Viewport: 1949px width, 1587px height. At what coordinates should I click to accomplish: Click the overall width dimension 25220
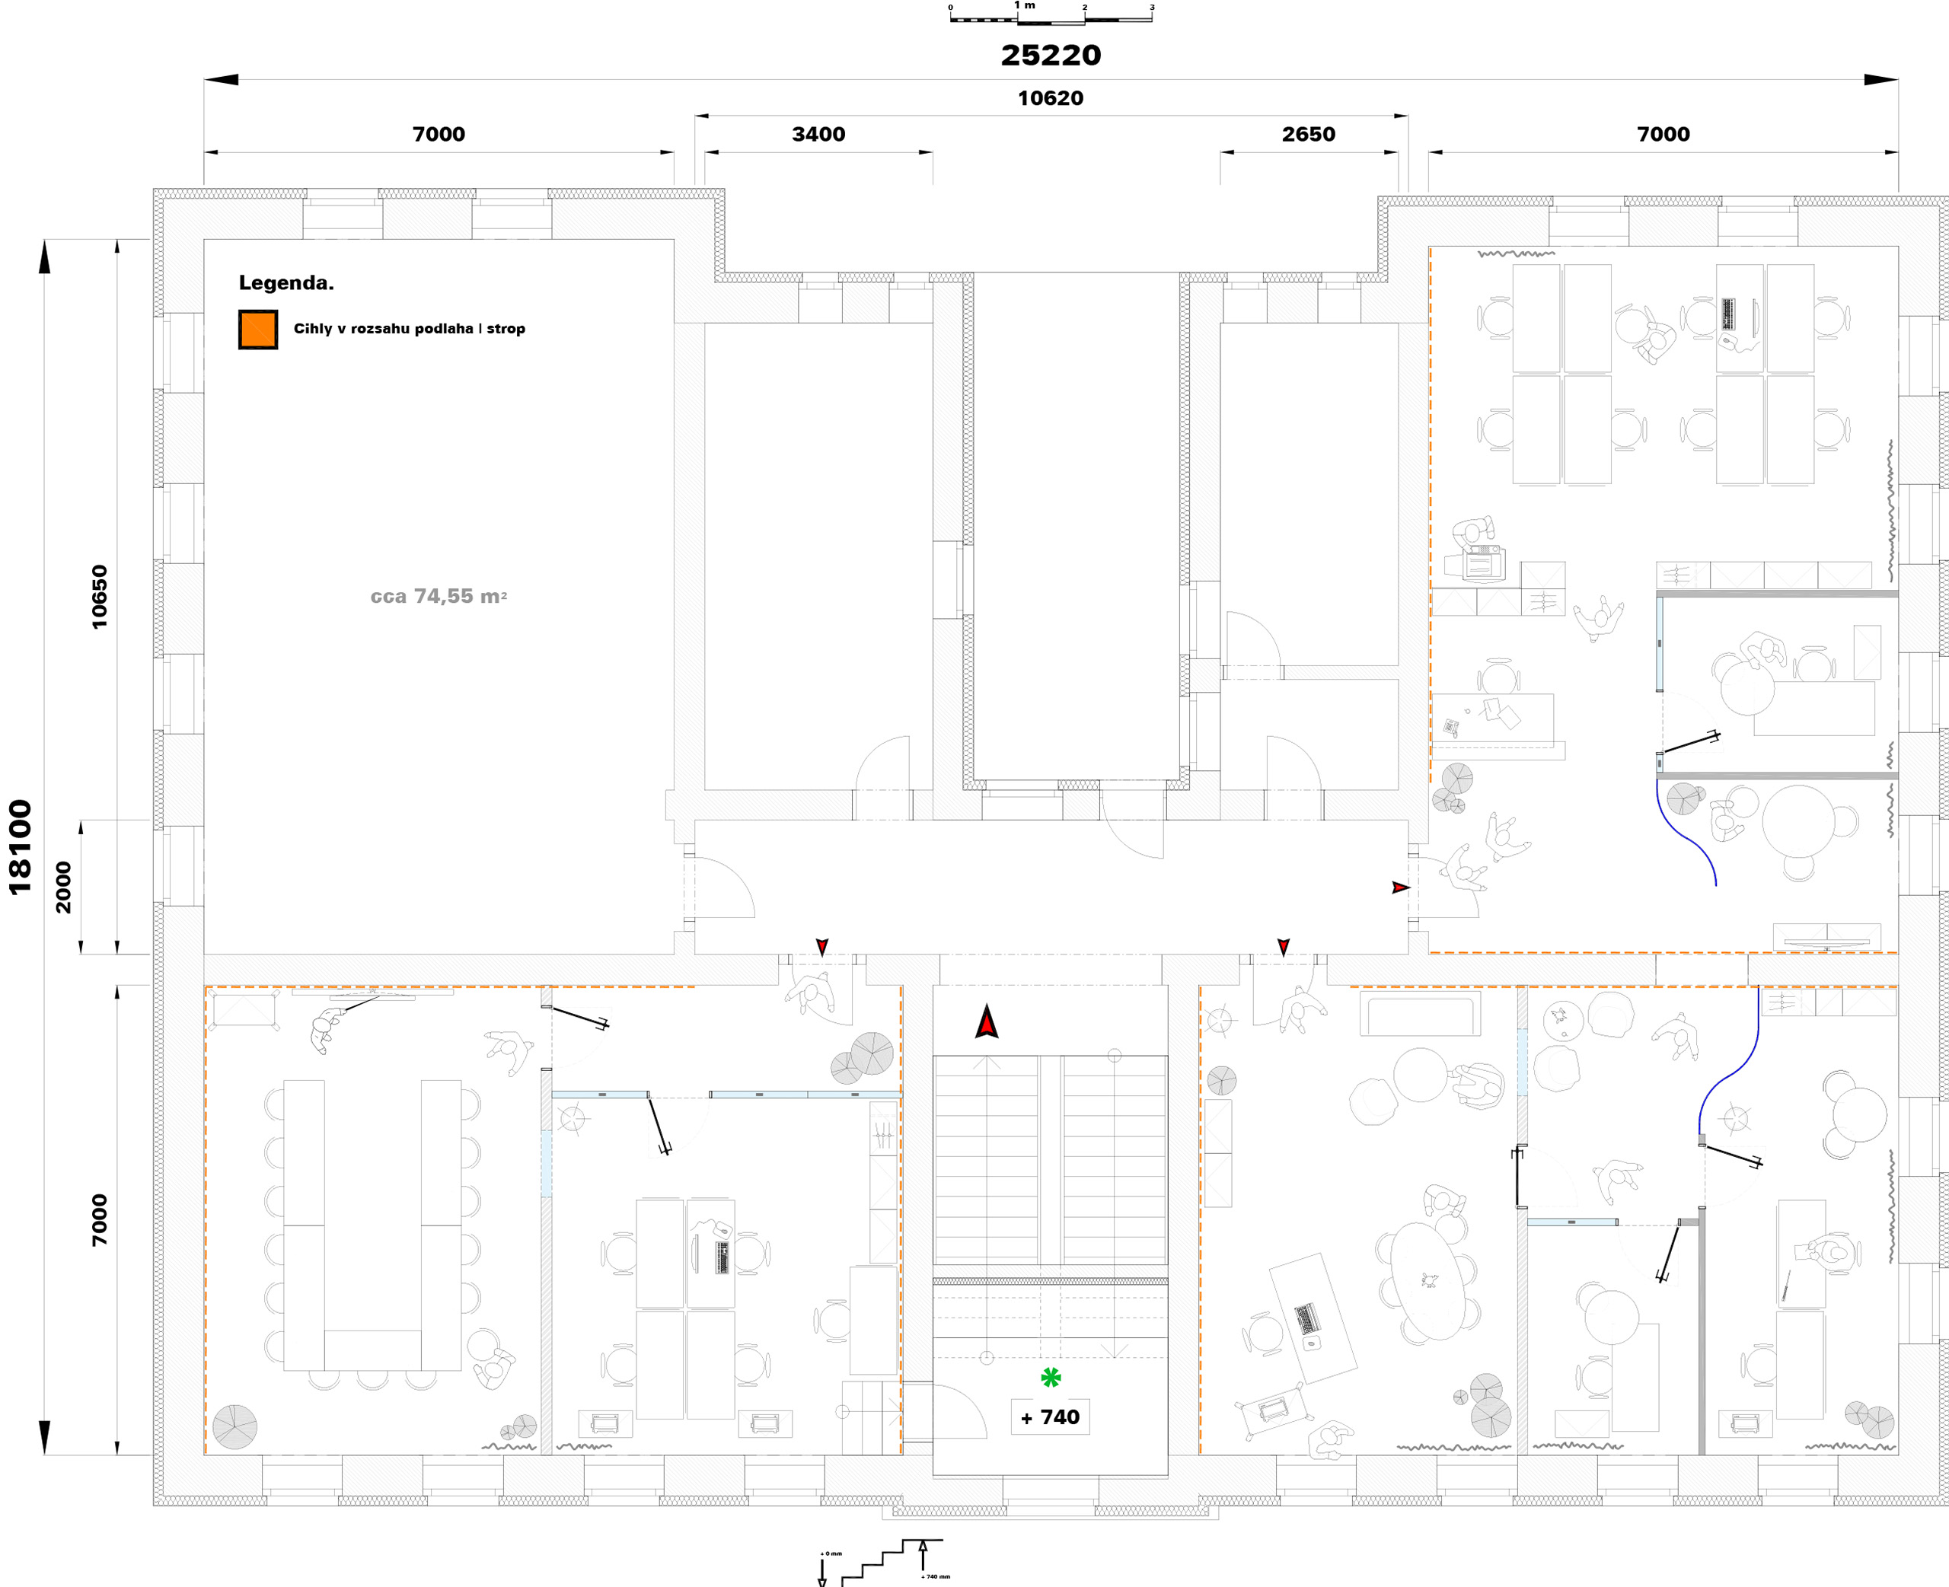coord(1051,55)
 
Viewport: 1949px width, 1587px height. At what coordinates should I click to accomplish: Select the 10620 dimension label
coord(1051,98)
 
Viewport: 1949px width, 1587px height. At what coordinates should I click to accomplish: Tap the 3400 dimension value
coord(818,135)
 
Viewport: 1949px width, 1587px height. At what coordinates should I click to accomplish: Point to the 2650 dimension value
coord(1308,135)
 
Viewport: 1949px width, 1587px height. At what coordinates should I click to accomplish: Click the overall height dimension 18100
coord(20,846)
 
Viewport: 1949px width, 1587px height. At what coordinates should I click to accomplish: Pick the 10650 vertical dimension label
coord(99,597)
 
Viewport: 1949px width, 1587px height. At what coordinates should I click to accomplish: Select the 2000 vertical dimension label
coord(63,887)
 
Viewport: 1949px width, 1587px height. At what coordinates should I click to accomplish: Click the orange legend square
coord(258,329)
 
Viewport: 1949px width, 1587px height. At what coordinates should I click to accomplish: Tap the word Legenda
coord(286,282)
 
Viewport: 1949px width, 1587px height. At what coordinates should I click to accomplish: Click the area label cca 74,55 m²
coord(439,596)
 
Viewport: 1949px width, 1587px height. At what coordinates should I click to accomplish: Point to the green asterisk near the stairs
coord(1051,1377)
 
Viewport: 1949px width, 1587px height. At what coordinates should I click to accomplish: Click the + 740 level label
coord(1051,1417)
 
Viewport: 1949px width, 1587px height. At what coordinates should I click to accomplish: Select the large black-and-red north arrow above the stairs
coord(987,1021)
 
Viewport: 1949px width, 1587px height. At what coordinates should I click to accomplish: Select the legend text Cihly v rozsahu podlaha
coord(384,328)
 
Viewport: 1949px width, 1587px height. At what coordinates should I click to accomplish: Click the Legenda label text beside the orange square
coord(410,328)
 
